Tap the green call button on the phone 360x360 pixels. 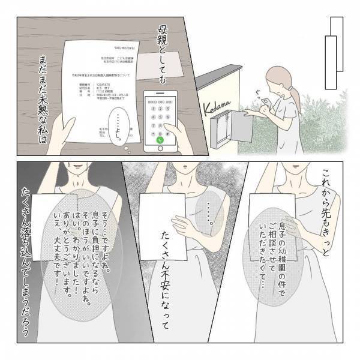(160, 139)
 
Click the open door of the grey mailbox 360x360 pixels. (245, 127)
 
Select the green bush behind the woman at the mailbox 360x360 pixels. (324, 126)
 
